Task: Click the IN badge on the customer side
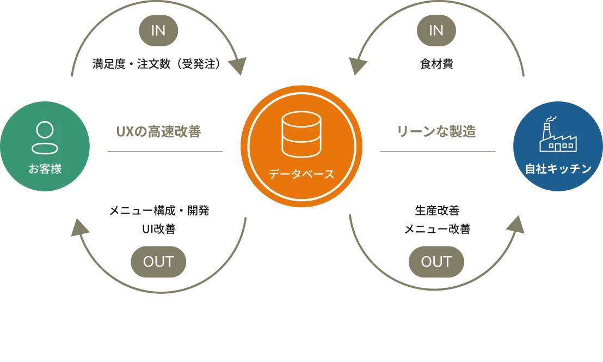click(158, 31)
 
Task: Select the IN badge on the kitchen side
click(436, 31)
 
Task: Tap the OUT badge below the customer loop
click(158, 262)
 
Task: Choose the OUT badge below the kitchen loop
click(436, 262)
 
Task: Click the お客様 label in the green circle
click(45, 169)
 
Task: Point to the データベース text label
click(301, 174)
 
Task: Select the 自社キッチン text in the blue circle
click(558, 169)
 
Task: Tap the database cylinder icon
click(301, 134)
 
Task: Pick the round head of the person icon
click(45, 130)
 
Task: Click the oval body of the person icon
click(45, 148)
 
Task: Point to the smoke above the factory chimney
click(551, 119)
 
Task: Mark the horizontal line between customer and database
click(165, 150)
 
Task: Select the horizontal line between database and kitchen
click(437, 150)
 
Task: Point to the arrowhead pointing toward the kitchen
click(515, 225)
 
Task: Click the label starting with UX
click(158, 131)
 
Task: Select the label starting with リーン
click(437, 131)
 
